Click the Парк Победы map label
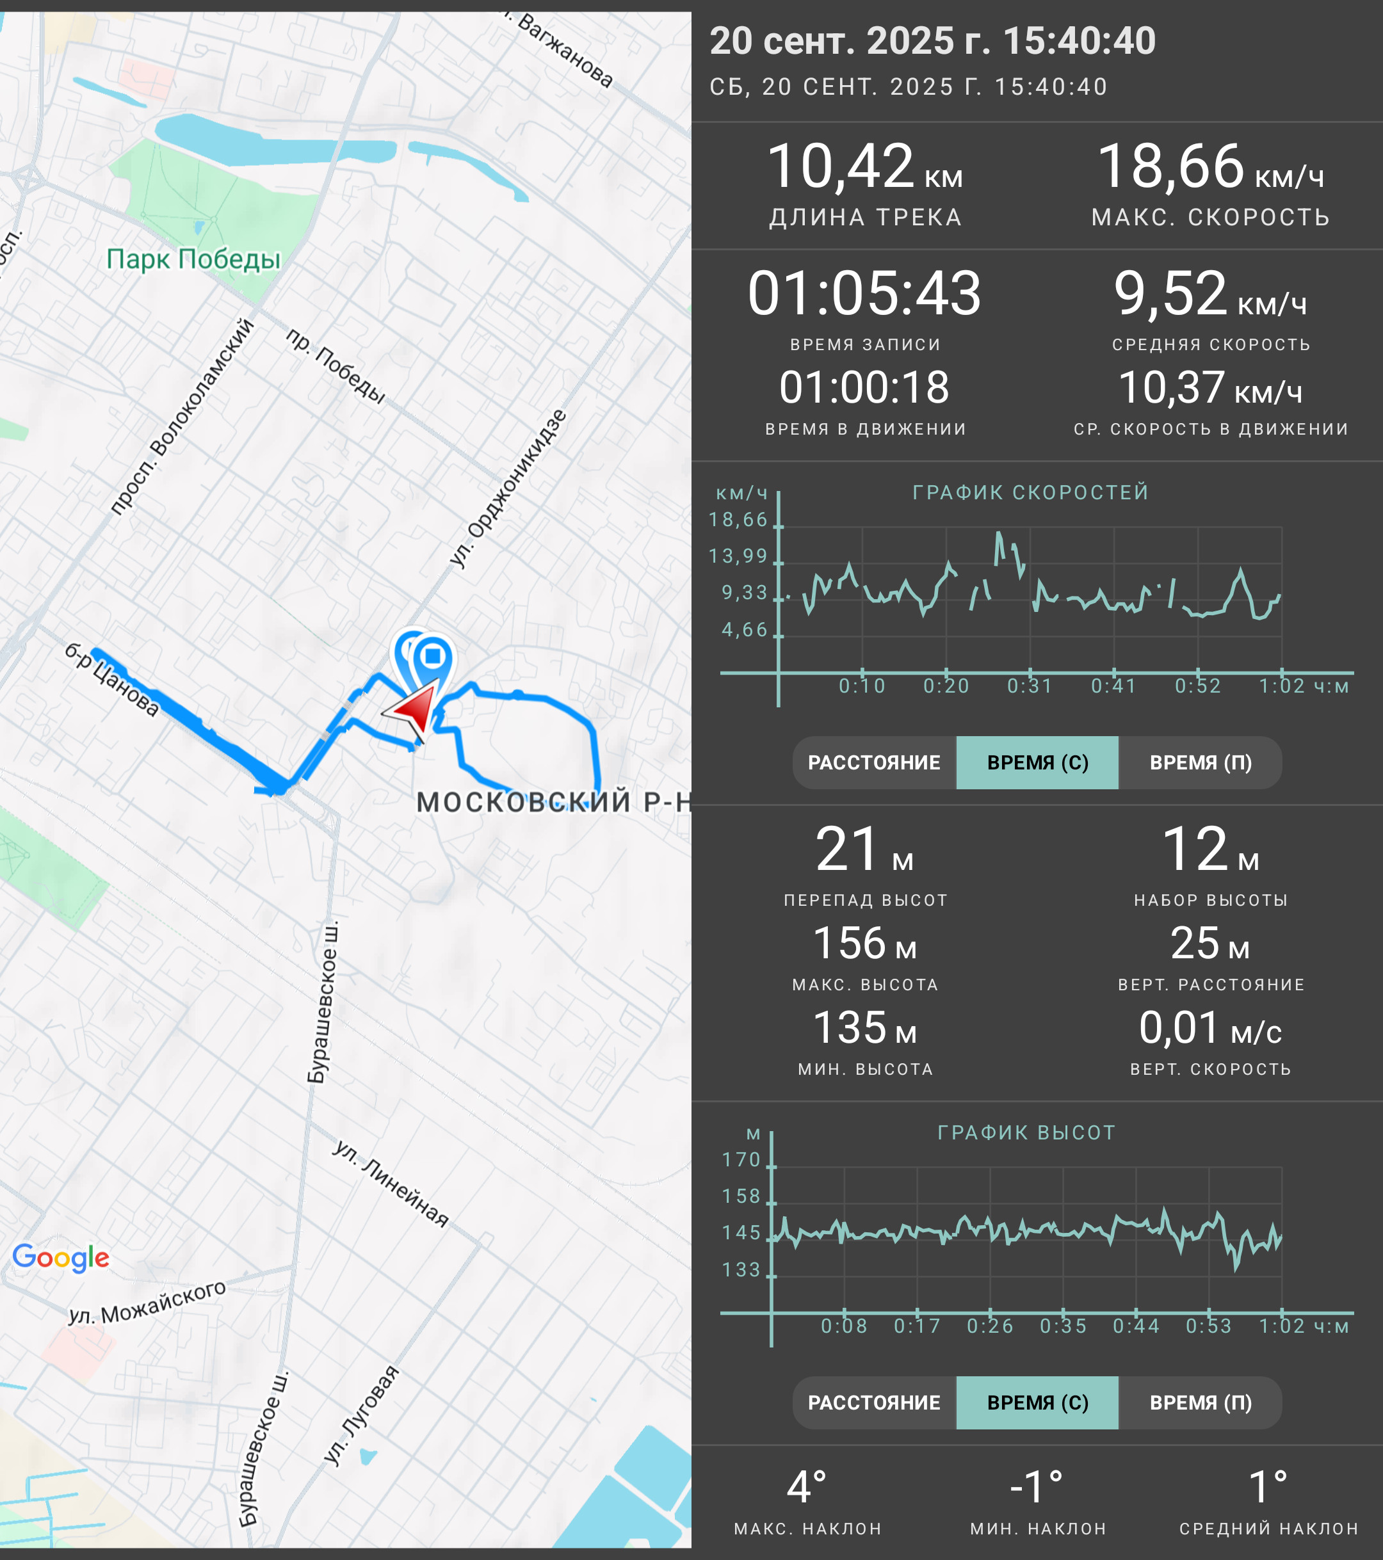(193, 259)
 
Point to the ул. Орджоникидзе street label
(508, 488)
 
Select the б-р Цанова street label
(111, 679)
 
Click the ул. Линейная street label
(391, 1183)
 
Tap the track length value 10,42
(840, 166)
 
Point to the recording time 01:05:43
(864, 293)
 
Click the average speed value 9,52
(1170, 293)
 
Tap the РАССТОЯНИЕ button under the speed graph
(874, 762)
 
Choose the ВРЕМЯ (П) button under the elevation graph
(1201, 1403)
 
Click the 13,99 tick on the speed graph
(738, 556)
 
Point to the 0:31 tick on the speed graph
(1030, 686)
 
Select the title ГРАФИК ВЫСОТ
(1026, 1132)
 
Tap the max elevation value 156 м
(864, 944)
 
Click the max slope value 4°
(807, 1488)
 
